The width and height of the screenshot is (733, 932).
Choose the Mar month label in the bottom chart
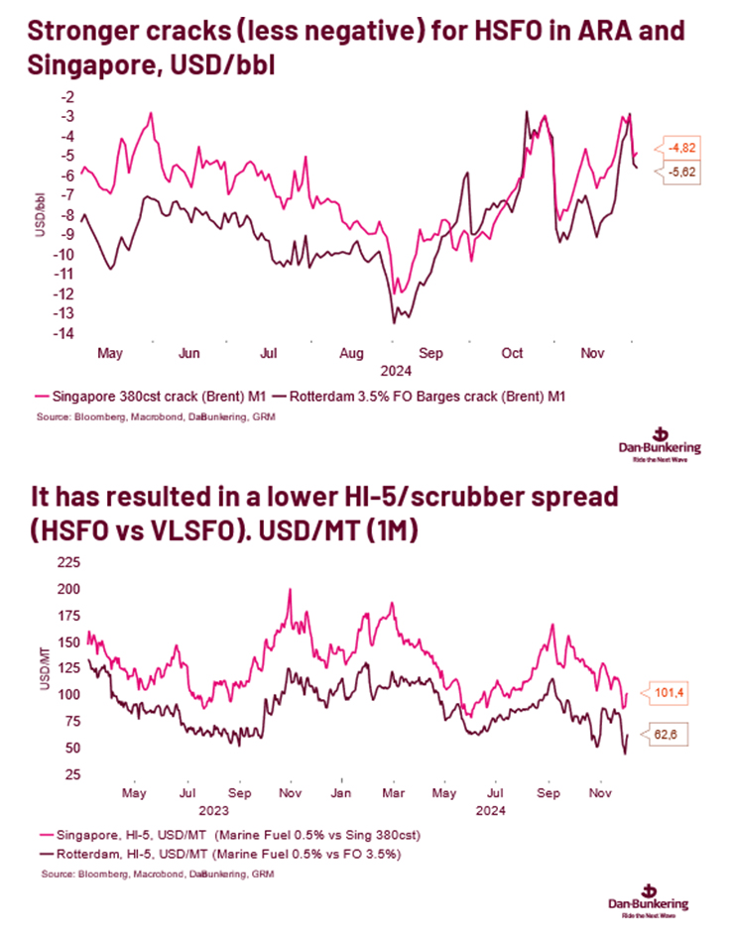click(395, 793)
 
